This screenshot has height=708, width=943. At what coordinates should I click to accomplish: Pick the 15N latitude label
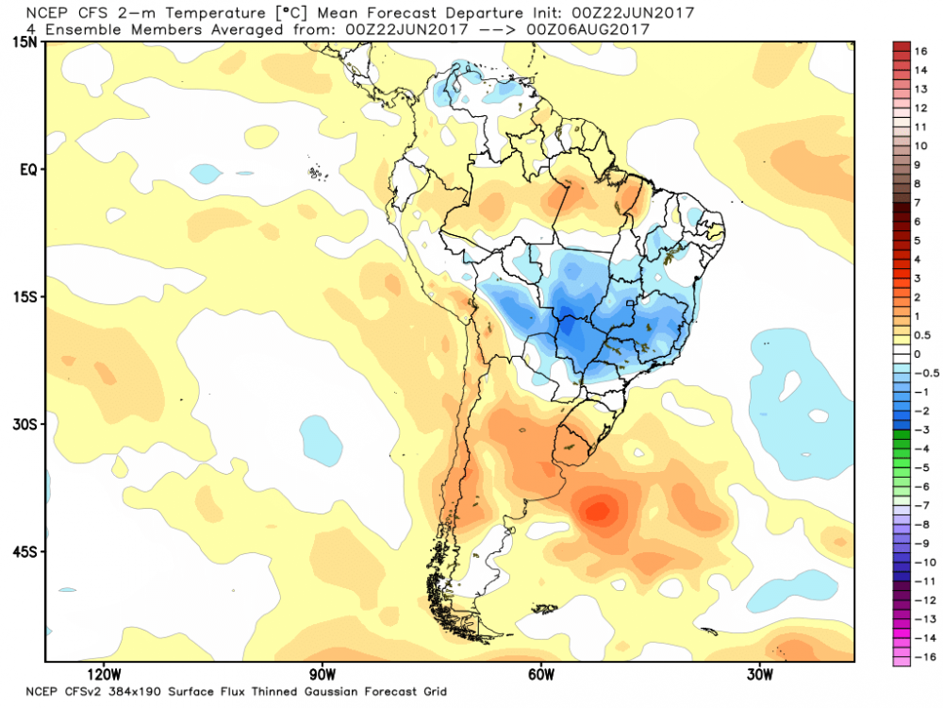tap(25, 43)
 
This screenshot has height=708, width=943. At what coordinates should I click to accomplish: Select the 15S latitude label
tap(25, 297)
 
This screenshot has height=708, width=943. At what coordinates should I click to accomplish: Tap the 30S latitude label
tap(25, 425)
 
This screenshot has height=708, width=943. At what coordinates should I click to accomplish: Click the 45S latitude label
tap(25, 551)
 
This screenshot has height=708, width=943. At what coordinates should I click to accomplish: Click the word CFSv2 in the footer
tap(88, 691)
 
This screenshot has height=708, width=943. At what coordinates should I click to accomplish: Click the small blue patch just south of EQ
tap(204, 174)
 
